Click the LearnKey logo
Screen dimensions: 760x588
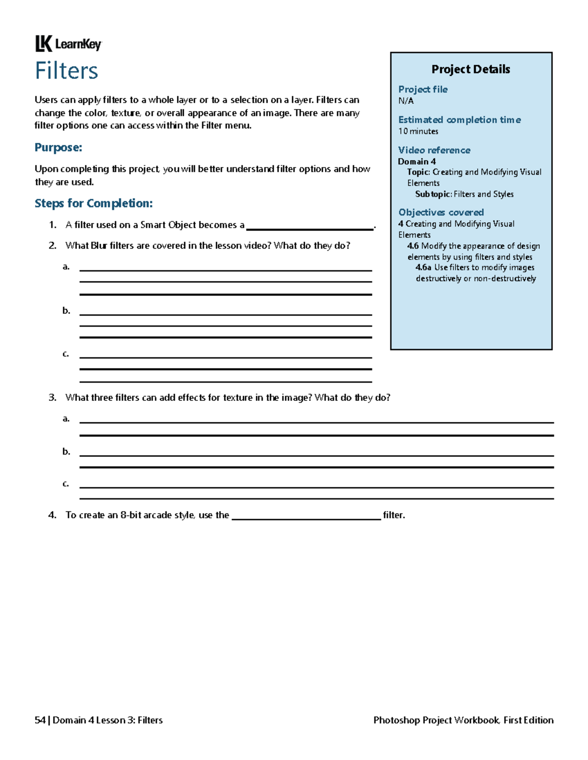(x=68, y=44)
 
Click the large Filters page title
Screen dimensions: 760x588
(x=67, y=71)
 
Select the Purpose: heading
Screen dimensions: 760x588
(x=58, y=147)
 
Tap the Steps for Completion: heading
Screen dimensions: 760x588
(x=94, y=203)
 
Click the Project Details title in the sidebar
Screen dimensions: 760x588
(x=470, y=69)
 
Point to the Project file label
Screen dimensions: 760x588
(x=422, y=90)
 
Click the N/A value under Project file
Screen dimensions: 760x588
(x=406, y=101)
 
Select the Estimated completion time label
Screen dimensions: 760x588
(x=459, y=120)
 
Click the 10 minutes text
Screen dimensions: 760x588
(x=418, y=131)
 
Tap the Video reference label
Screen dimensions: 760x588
(x=434, y=150)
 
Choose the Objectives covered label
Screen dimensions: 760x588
(x=441, y=212)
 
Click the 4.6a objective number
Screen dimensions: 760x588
(x=423, y=268)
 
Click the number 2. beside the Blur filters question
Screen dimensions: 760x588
(x=52, y=246)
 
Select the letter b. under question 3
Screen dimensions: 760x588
(x=66, y=452)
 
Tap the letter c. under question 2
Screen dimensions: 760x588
(x=66, y=354)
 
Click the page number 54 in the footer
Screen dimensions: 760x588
(x=40, y=720)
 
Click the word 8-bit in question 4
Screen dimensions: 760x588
(x=131, y=515)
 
